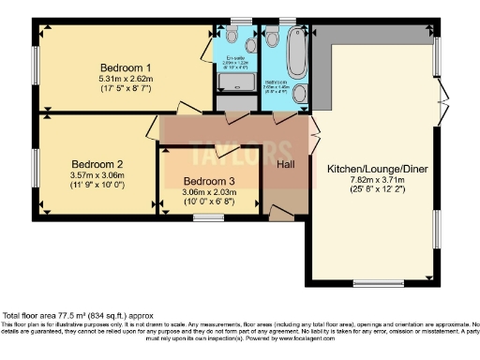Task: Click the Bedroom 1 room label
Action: pyautogui.click(x=126, y=67)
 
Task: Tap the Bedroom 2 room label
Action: pyautogui.click(x=97, y=159)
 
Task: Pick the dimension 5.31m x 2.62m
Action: pyautogui.click(x=126, y=79)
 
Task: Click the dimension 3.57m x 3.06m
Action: pyautogui.click(x=97, y=172)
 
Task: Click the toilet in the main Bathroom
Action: pyautogui.click(x=273, y=35)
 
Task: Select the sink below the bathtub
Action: pyautogui.click(x=299, y=94)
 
